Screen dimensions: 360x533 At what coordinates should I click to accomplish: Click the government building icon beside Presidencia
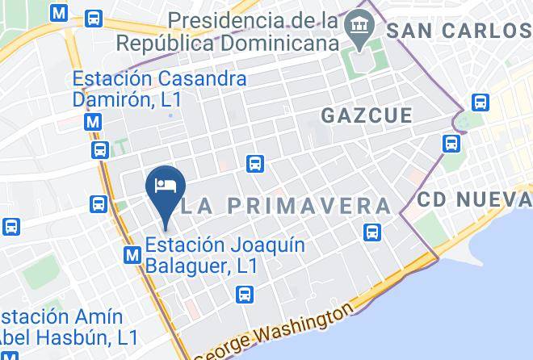click(355, 30)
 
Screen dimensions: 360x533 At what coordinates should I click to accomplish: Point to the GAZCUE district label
click(367, 115)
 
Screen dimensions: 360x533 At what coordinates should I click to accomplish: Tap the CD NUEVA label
click(475, 198)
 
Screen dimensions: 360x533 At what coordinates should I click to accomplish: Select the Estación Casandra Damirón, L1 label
click(159, 90)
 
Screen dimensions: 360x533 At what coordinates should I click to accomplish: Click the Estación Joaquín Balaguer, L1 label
click(225, 254)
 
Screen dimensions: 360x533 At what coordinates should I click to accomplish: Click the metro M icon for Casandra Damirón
click(94, 123)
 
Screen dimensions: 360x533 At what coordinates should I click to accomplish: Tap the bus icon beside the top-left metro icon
click(94, 17)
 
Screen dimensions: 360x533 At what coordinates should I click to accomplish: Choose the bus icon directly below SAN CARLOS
click(481, 103)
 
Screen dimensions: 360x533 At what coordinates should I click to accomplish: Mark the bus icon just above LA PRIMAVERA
click(255, 163)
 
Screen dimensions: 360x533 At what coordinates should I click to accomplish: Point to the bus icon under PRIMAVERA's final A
click(371, 232)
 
